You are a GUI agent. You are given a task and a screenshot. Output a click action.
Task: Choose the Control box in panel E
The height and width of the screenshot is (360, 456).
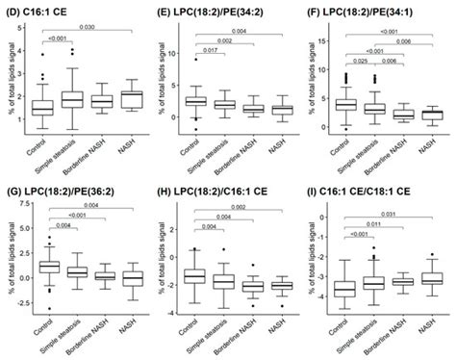coord(195,100)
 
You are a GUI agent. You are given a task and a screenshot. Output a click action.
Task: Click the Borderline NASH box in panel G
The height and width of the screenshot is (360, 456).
coord(104,275)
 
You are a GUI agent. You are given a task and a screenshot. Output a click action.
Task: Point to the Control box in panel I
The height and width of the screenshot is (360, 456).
coord(343,288)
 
